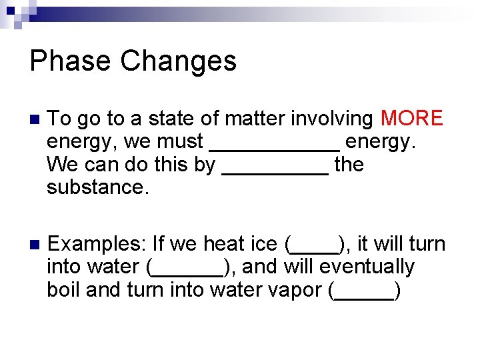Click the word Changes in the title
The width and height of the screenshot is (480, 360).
point(179,61)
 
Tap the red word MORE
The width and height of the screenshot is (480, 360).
point(411,119)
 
